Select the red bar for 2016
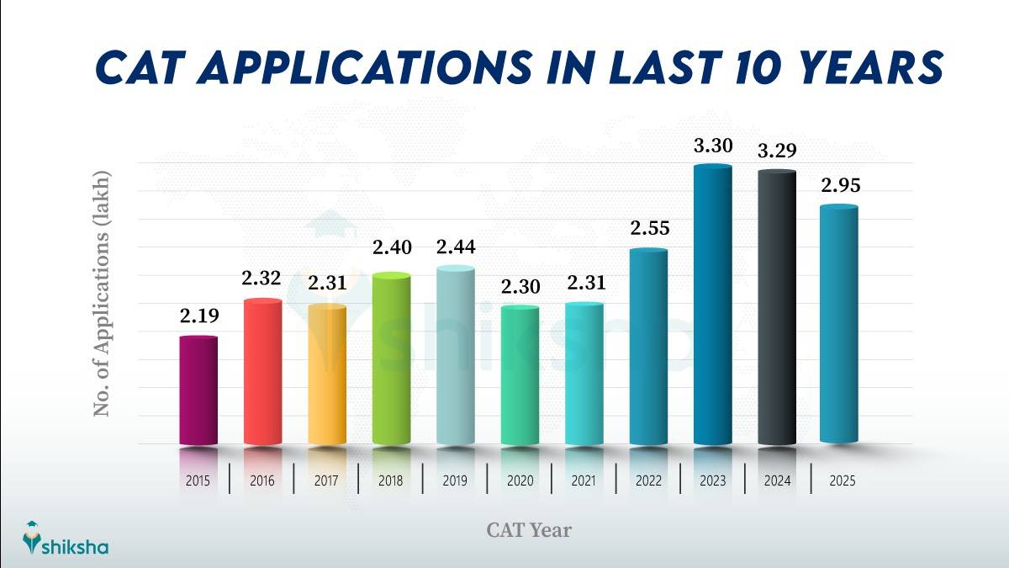[x=262, y=371]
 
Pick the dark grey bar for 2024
[x=777, y=307]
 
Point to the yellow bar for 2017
[x=327, y=374]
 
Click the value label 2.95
[x=841, y=186]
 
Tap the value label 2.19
[x=198, y=316]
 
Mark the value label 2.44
[x=456, y=247]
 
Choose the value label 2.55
[x=648, y=228]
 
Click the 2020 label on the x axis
[x=520, y=481]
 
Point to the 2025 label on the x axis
[x=841, y=481]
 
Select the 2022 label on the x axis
[x=648, y=481]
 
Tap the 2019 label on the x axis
[x=456, y=481]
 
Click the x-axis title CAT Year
[x=529, y=529]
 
